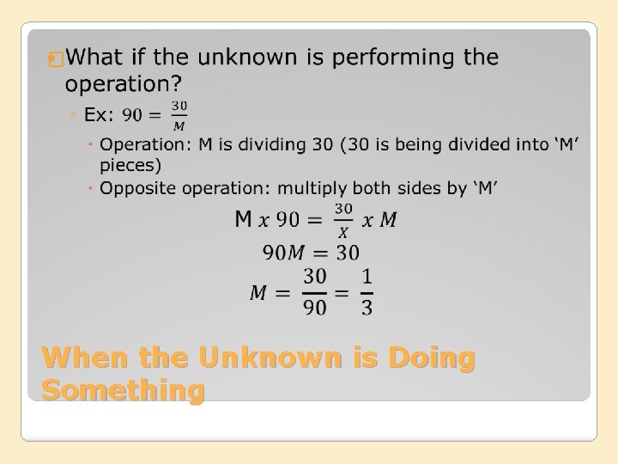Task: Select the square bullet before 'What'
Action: (57, 59)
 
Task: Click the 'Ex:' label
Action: (99, 114)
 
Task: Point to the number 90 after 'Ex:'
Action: (133, 114)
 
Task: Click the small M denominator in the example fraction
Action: (179, 125)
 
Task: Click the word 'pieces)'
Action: (130, 165)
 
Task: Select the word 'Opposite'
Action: (136, 187)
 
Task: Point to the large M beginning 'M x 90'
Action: (243, 219)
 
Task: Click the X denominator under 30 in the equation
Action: (343, 231)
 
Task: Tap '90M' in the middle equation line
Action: (283, 253)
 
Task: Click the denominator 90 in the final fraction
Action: (315, 307)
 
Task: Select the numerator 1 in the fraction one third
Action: (367, 278)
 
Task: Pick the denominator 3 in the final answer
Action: (367, 307)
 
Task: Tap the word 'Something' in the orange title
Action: (123, 390)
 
